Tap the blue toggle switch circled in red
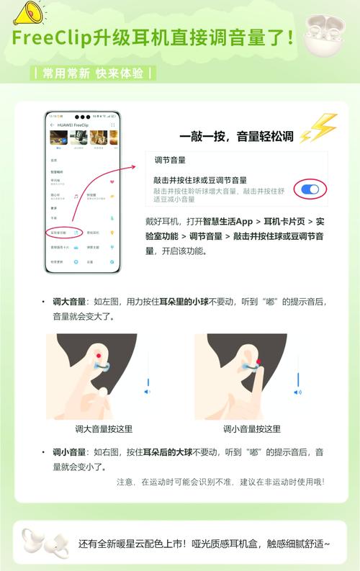[x=310, y=189]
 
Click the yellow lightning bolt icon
[x=318, y=130]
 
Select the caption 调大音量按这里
[x=104, y=428]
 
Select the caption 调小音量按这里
[x=252, y=428]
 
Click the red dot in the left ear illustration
[x=97, y=356]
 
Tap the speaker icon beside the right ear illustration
[x=297, y=392]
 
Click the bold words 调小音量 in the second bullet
[x=68, y=451]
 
